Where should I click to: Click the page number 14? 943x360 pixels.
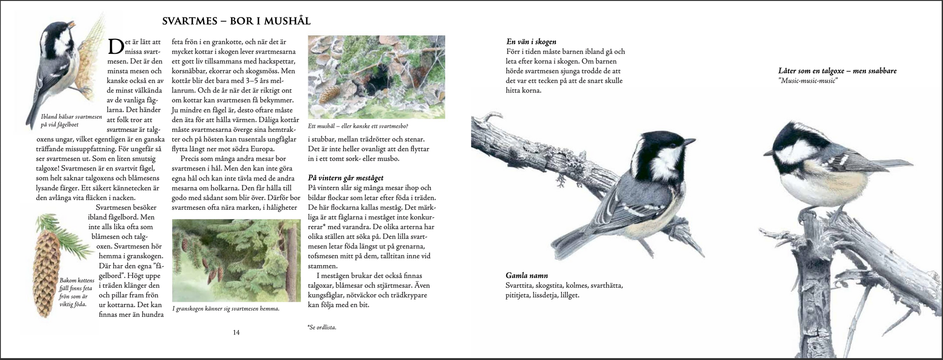236,332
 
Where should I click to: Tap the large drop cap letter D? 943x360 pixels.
116,47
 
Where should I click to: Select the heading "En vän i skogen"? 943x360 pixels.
531,42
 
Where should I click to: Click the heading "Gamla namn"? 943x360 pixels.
527,275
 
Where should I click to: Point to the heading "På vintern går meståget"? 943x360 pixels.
346,178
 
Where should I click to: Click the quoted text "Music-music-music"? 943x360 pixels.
808,80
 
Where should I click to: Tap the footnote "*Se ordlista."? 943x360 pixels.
322,327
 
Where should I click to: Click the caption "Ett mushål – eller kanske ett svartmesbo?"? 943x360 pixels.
358,126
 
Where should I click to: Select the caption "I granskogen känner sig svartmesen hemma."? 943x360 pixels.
226,309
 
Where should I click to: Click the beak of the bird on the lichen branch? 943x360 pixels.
689,141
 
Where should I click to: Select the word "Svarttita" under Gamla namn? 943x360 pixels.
520,285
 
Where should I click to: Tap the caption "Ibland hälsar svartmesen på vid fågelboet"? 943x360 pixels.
71,121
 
